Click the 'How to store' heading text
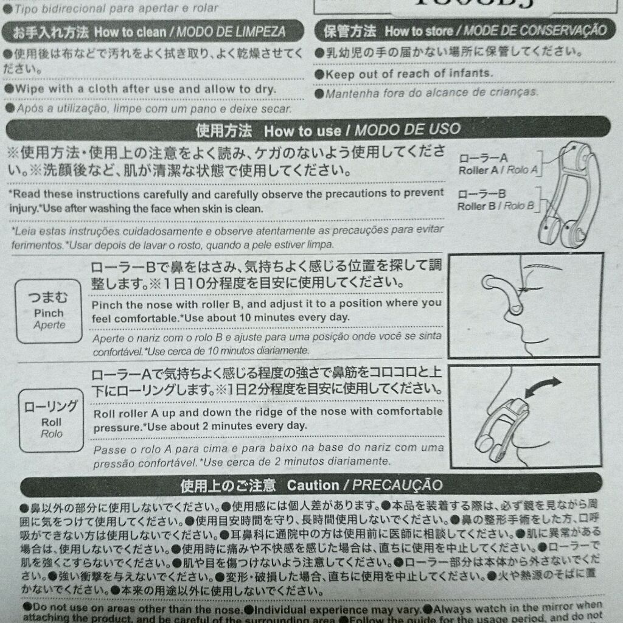(419, 30)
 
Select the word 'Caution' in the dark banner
(313, 485)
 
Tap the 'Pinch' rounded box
(48, 311)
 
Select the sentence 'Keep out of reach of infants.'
(408, 74)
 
